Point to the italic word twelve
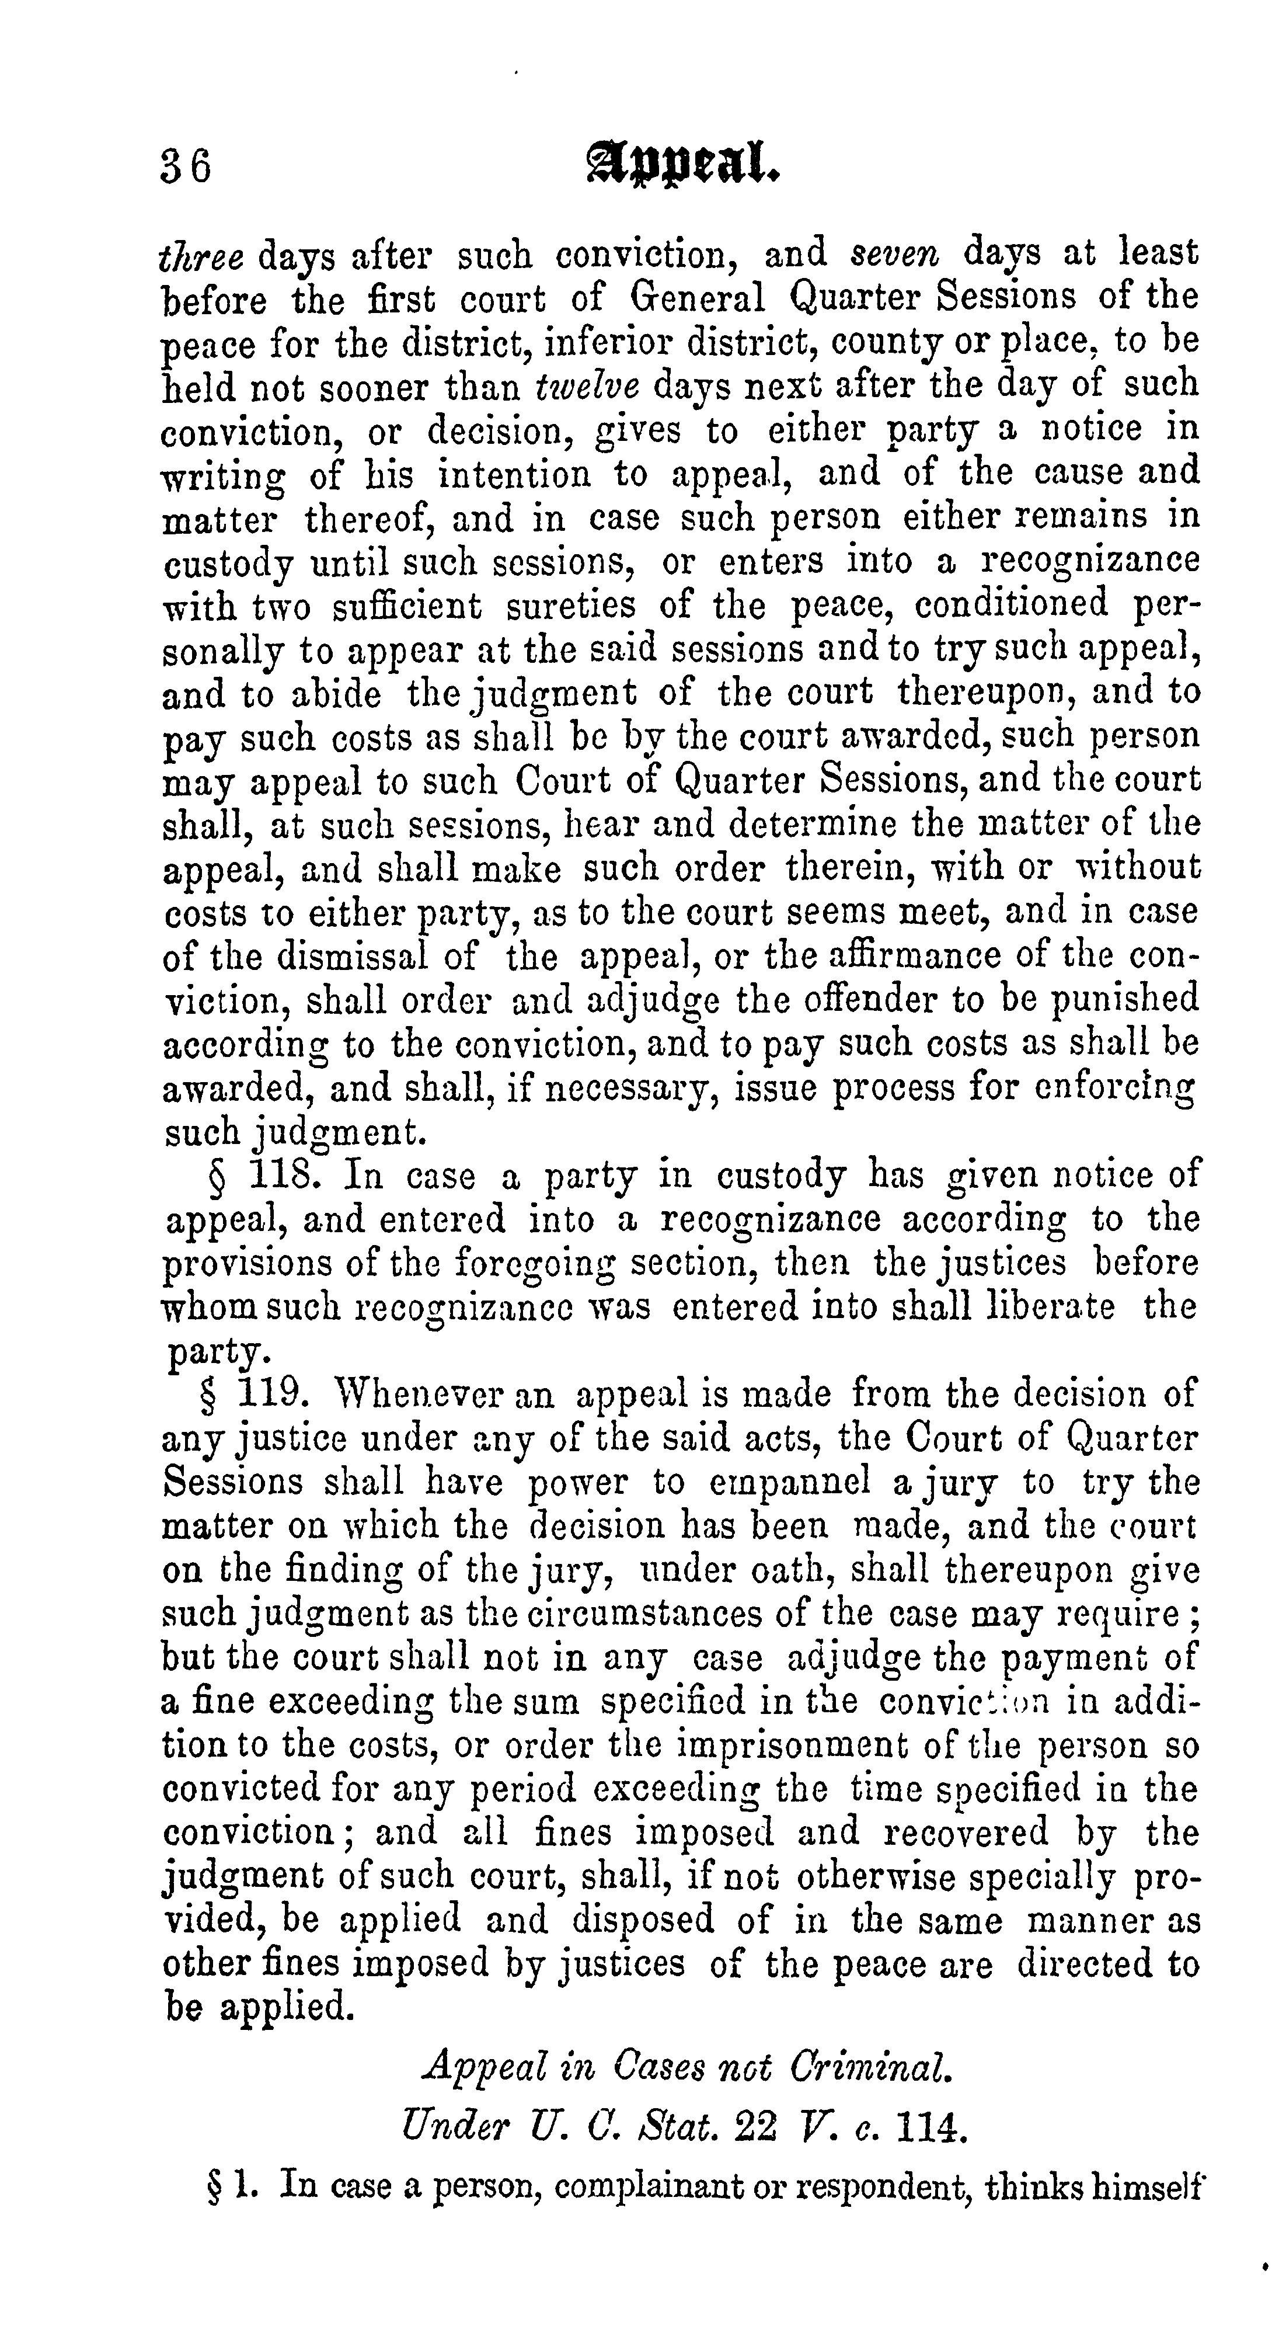[588, 386]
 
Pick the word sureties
[570, 605]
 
